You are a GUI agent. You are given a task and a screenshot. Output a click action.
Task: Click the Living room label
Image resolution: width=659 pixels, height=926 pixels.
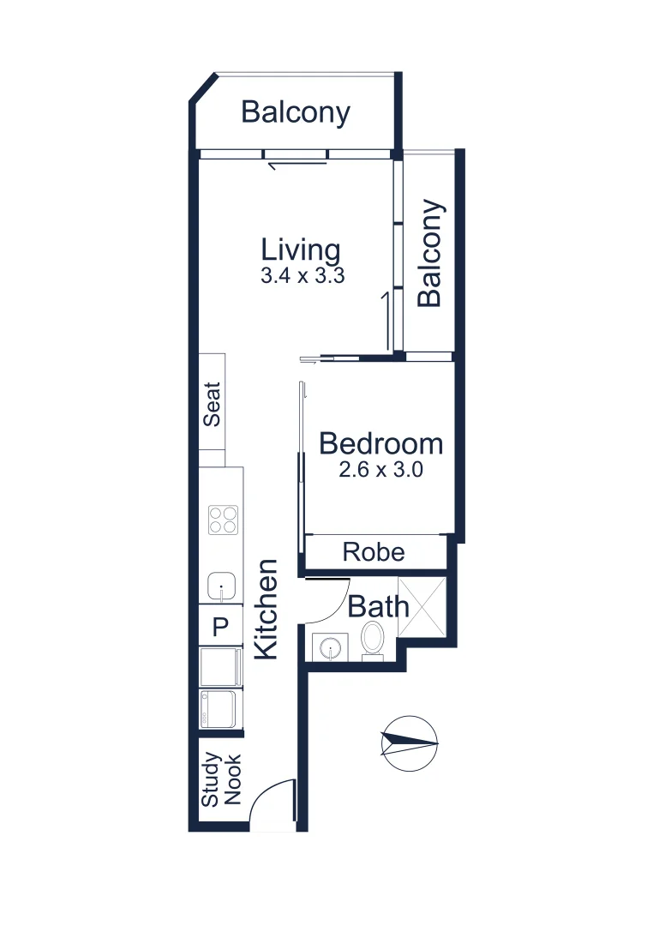301,250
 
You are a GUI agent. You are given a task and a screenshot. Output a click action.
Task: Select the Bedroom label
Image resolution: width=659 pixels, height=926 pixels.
380,444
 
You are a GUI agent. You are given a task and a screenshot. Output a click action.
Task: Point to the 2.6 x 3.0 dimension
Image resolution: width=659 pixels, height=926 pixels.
380,470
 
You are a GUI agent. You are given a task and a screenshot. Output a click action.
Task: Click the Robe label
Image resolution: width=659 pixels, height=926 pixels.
374,551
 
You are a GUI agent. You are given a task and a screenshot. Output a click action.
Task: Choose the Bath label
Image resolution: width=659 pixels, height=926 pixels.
378,607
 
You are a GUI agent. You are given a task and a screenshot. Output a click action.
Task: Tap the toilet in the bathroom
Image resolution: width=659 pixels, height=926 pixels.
373,640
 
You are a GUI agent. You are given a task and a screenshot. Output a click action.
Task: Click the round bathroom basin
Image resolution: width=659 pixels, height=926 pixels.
330,647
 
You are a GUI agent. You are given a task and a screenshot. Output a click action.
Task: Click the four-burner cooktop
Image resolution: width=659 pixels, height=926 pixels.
224,520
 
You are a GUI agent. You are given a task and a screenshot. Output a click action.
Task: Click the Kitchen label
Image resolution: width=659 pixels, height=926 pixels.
267,609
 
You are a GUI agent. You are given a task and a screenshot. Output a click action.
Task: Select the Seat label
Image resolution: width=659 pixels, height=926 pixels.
212,405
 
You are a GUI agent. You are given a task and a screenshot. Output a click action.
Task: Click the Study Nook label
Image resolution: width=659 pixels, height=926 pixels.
221,780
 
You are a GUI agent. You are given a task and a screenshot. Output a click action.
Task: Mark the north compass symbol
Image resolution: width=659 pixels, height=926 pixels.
410,741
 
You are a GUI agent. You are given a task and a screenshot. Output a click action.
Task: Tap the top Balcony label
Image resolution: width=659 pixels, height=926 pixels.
296,112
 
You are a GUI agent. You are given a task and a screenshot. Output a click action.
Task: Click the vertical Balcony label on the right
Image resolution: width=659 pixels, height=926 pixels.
430,253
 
